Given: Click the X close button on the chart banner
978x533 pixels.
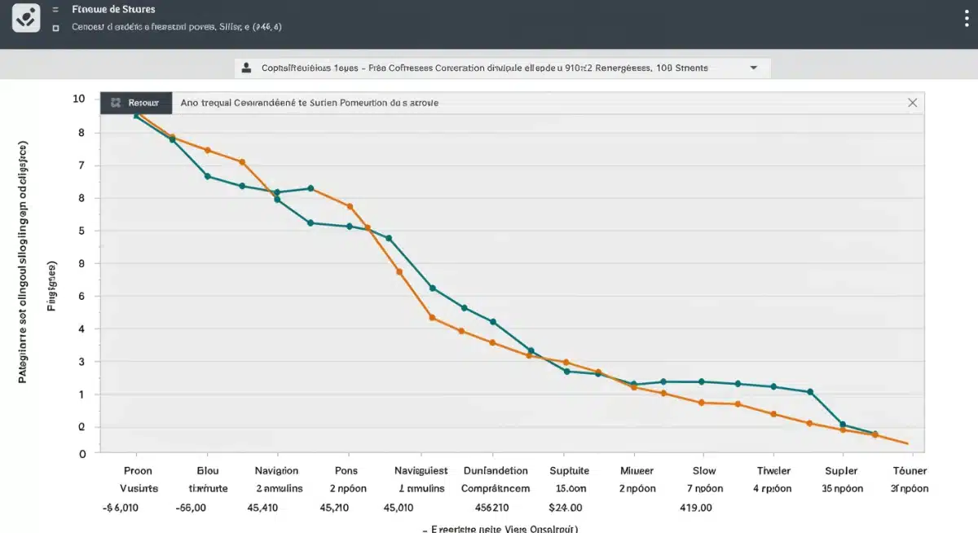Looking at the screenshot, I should tap(912, 103).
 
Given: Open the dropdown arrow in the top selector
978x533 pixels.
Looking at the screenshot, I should tap(753, 68).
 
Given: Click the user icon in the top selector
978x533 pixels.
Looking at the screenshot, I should tap(246, 68).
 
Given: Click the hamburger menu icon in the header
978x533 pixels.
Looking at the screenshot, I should tap(55, 10).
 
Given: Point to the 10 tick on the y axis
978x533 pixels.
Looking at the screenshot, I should tap(79, 99).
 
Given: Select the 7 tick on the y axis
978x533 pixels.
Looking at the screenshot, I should tap(80, 165).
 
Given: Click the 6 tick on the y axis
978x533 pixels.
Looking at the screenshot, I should tap(80, 296).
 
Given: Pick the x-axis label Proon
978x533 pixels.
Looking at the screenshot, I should tap(138, 470).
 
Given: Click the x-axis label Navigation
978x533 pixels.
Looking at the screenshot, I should tap(277, 470).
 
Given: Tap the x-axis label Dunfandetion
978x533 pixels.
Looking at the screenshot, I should tap(496, 470).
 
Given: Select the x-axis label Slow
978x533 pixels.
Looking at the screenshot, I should tap(704, 470).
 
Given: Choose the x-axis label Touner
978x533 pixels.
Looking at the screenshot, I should tap(910, 470).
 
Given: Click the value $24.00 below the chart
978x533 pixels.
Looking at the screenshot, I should tap(565, 506).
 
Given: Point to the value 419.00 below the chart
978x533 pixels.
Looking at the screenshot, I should tap(696, 506).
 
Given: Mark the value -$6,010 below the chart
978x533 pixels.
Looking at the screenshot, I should tap(121, 506).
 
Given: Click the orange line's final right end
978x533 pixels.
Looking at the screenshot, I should tap(907, 443).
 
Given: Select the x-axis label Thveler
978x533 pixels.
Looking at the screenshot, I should tap(773, 470).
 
